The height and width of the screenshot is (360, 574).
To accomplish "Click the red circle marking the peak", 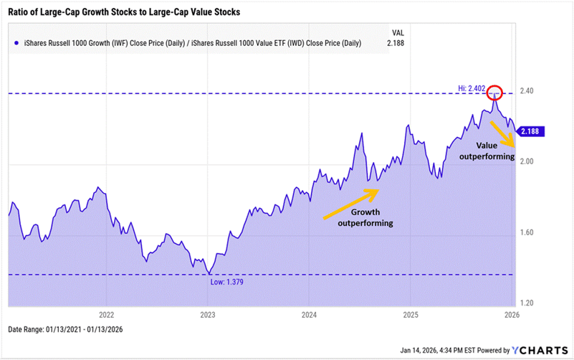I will (x=494, y=93).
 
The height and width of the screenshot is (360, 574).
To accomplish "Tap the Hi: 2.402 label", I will (x=472, y=87).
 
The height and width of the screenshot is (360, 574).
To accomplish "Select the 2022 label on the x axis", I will (x=107, y=314).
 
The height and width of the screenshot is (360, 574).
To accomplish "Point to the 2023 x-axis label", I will (x=208, y=314).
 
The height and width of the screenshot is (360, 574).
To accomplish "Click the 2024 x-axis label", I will (x=310, y=314).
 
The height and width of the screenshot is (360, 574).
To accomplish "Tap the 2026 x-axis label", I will (x=512, y=314).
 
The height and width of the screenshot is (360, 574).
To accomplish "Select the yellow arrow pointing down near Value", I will (x=502, y=133).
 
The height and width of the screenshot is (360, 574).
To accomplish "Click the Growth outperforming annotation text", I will (x=365, y=218).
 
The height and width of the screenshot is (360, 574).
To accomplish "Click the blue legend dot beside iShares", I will (x=16, y=44).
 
